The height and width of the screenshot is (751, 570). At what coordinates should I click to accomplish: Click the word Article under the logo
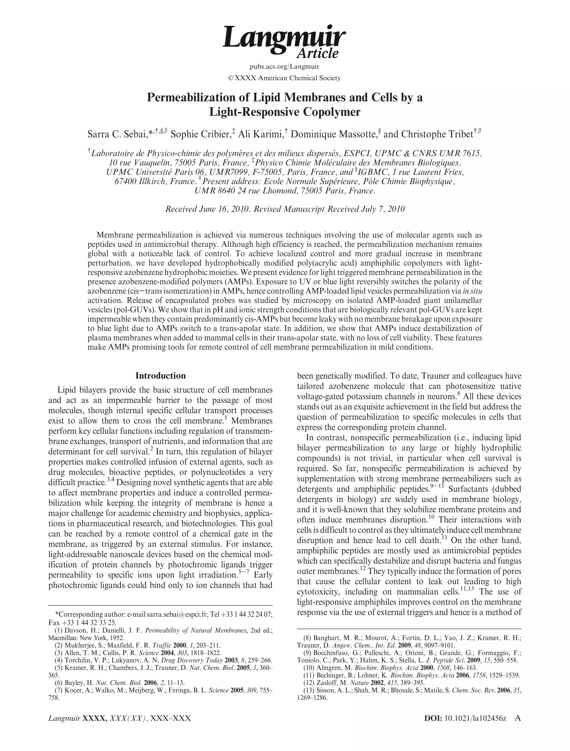[317, 54]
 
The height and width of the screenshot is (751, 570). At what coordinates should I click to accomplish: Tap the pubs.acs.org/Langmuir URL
[284, 66]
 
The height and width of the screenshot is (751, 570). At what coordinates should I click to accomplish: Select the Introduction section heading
[160, 375]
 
